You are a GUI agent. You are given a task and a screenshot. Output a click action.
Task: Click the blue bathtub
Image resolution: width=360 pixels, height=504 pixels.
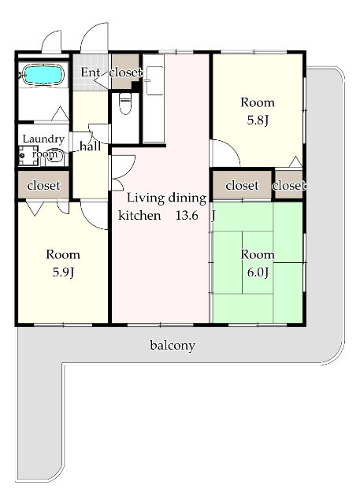coord(43,75)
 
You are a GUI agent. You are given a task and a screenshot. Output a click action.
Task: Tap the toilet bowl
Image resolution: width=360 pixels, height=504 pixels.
coord(125,103)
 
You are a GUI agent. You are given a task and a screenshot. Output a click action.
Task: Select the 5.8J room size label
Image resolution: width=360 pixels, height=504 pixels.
coord(258,120)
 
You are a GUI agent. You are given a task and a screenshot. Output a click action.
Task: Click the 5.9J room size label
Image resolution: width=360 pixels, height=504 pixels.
coord(63,272)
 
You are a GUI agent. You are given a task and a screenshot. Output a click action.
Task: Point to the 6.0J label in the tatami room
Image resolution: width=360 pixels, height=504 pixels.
coord(258,272)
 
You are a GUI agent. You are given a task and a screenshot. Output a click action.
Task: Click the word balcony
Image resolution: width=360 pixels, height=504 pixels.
coord(173,346)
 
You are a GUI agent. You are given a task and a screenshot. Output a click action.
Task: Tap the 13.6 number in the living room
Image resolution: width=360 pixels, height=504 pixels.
coord(187,215)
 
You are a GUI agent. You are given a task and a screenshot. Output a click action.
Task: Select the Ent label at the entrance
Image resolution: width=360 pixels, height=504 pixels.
coord(91,72)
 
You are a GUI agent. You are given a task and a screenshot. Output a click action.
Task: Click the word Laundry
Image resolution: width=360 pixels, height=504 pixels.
coord(43,139)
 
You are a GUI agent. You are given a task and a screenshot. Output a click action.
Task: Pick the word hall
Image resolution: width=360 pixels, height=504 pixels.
coord(91,146)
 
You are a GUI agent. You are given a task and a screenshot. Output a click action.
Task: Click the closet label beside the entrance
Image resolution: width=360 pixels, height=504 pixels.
coord(125,72)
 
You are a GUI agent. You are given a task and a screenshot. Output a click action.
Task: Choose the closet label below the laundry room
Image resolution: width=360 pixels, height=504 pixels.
coord(43,186)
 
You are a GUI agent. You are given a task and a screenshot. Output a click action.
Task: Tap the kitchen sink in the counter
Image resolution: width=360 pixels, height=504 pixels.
coord(154,80)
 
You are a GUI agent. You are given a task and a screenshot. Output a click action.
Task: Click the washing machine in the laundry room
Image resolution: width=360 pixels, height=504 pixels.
coord(28,156)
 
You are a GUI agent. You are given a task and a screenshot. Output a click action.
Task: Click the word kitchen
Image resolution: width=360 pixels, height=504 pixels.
coord(139,215)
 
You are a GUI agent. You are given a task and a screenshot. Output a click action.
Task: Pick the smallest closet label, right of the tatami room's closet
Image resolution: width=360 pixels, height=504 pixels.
coord(288,186)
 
